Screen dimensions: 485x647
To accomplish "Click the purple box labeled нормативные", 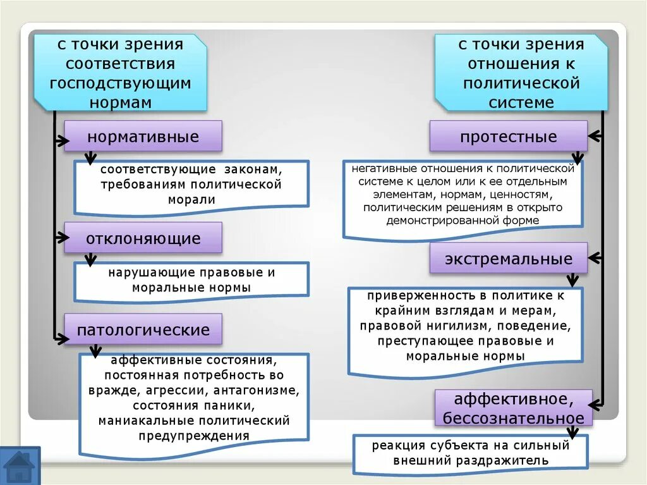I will point(143,137).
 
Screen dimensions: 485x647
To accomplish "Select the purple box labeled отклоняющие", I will point(143,238).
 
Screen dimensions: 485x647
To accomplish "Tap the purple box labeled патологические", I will point(143,329).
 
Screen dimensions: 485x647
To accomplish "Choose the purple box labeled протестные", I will point(508,137).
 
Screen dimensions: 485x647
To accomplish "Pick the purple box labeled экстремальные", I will point(508,259).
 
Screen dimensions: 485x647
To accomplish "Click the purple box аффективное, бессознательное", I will point(512,408).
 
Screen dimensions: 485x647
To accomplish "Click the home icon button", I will point(20,466).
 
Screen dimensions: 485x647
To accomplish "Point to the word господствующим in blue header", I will point(120,83).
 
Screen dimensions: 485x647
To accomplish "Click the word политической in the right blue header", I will point(521,83).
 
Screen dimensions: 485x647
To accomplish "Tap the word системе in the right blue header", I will point(521,102).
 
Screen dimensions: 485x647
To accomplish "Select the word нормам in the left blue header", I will point(120,102).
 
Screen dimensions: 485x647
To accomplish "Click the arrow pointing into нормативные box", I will point(61,141).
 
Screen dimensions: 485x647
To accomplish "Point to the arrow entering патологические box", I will point(61,338).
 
